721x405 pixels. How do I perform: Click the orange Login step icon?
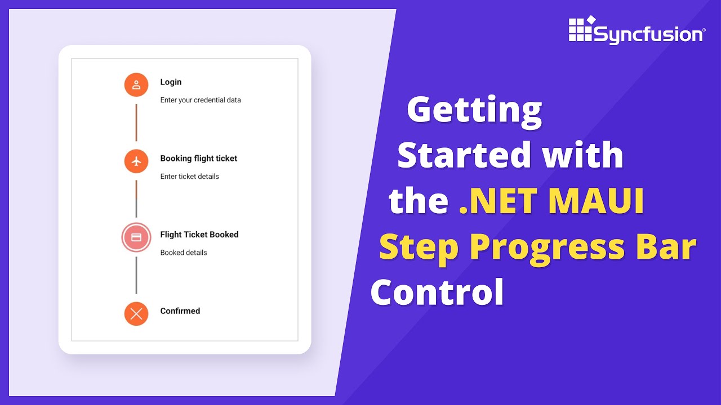click(x=136, y=85)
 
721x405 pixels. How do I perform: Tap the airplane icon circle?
click(x=136, y=161)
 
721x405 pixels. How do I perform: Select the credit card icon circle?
click(x=136, y=237)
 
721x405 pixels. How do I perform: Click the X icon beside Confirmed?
click(x=136, y=314)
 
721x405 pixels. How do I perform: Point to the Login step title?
click(x=171, y=82)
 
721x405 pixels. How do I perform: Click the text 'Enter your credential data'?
click(x=201, y=100)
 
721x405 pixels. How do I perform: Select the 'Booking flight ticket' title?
click(x=199, y=159)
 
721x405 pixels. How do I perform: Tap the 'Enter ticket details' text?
click(x=189, y=177)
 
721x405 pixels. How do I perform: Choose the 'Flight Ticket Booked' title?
click(x=199, y=235)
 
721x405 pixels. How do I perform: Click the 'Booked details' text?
click(x=184, y=253)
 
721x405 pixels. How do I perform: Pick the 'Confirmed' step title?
click(x=180, y=311)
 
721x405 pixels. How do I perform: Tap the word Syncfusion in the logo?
click(x=648, y=35)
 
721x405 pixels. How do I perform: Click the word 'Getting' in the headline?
click(x=474, y=110)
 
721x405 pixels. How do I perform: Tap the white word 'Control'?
click(x=437, y=292)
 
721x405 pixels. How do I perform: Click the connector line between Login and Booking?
click(x=136, y=123)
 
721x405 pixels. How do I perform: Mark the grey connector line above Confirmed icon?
click(x=136, y=275)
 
